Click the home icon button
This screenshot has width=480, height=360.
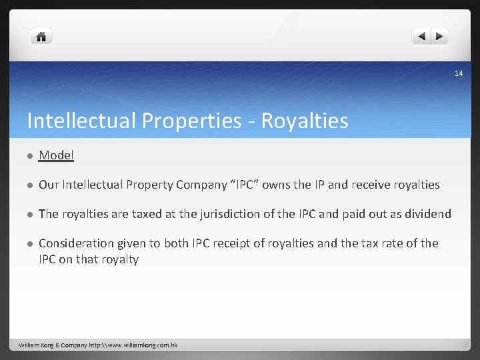pos(41,37)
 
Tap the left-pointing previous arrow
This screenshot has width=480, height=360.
pos(421,37)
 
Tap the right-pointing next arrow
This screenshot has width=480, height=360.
pos(440,37)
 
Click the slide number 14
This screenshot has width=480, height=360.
pos(459,73)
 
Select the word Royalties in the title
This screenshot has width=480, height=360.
pos(305,121)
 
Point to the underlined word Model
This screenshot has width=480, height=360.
pos(56,155)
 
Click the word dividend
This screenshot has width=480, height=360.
pos(427,214)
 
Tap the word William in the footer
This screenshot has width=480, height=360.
pos(30,345)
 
